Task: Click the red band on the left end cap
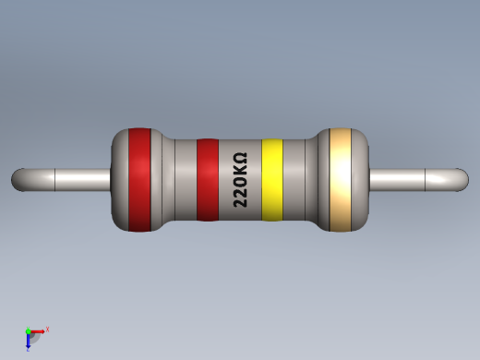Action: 138,179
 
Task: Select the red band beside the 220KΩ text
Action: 208,180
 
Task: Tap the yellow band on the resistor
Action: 271,180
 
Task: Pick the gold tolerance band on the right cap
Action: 341,179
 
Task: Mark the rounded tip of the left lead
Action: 18,179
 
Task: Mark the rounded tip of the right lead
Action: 462,179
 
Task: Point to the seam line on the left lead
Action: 57,179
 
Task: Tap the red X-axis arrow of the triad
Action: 38,330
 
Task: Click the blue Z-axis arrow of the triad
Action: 29,342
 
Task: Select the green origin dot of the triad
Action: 28,331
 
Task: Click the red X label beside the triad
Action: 47,329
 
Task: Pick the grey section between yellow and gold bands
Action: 300,180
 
